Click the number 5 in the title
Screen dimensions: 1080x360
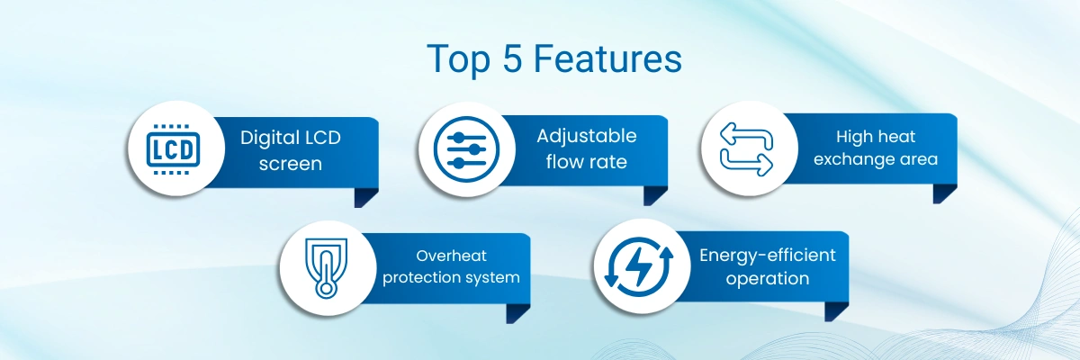pyautogui.click(x=512, y=58)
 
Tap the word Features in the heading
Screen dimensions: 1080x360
pyautogui.click(x=607, y=58)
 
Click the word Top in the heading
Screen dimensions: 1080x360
pyautogui.click(x=458, y=60)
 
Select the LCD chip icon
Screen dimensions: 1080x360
pyautogui.click(x=173, y=148)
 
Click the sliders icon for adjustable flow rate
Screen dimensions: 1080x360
pyautogui.click(x=466, y=148)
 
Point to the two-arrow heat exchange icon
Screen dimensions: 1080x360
pyautogui.click(x=746, y=149)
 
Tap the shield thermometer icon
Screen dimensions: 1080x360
pyautogui.click(x=326, y=268)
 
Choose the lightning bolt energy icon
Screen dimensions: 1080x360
pyautogui.click(x=639, y=266)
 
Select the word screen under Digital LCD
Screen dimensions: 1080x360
pyautogui.click(x=290, y=164)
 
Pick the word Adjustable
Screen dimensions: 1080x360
pyautogui.click(x=586, y=137)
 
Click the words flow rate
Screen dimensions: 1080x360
pyautogui.click(x=586, y=162)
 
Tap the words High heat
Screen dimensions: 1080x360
pyautogui.click(x=876, y=137)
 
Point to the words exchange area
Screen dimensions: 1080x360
pyautogui.click(x=876, y=159)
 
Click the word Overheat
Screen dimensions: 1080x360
pyautogui.click(x=451, y=256)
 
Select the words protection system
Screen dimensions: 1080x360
pyautogui.click(x=451, y=277)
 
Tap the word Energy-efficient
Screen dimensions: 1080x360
pyautogui.click(x=768, y=255)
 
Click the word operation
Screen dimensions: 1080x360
pyautogui.click(x=768, y=279)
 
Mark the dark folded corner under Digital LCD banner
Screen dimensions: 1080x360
pyautogui.click(x=365, y=198)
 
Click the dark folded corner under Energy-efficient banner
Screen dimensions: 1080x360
pyautogui.click(x=835, y=311)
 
